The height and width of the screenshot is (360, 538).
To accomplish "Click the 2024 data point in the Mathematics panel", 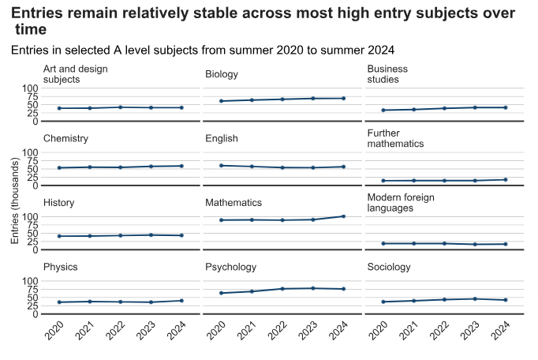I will (x=343, y=216).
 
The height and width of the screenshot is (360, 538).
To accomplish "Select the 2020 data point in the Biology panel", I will (x=221, y=101).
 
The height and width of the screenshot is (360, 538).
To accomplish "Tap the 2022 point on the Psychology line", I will (x=282, y=289).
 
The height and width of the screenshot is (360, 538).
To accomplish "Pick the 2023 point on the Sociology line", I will (x=475, y=298).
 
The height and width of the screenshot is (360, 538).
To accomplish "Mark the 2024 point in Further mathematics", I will (x=505, y=179).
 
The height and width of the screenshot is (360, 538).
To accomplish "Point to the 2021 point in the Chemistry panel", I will (x=89, y=167).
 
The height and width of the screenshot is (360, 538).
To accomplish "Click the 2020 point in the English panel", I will (x=221, y=165).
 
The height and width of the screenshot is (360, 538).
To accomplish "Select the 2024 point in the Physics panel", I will (x=181, y=300).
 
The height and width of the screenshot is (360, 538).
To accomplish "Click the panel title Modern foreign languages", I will (x=401, y=203).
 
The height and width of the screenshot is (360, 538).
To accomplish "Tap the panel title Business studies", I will (x=387, y=74).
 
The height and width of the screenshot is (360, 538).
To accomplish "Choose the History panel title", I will (x=59, y=203).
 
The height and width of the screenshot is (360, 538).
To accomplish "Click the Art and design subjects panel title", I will (x=75, y=74).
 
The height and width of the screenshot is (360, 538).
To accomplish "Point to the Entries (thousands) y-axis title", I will (x=15, y=201).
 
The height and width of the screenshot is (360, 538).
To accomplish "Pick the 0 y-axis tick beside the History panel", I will (x=35, y=249).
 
